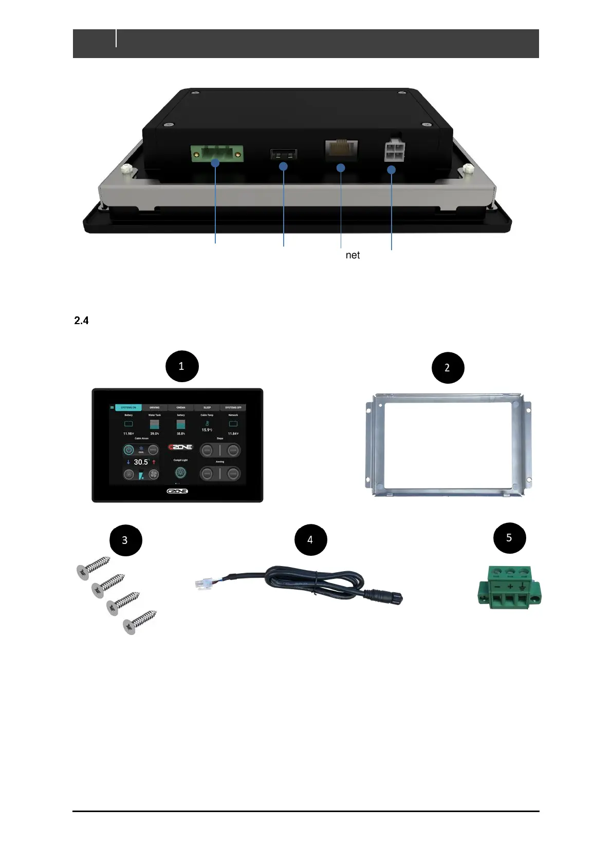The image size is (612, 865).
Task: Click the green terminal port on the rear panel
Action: pyautogui.click(x=216, y=153)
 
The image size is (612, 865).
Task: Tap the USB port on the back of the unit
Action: pyautogui.click(x=283, y=154)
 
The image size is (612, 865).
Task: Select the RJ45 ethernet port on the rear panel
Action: pyautogui.click(x=341, y=149)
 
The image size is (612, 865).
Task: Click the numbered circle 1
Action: pyautogui.click(x=181, y=366)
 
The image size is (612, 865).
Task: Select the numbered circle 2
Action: pyautogui.click(x=447, y=368)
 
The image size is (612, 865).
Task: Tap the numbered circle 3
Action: pyautogui.click(x=125, y=540)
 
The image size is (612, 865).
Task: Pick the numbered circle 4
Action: pyautogui.click(x=310, y=540)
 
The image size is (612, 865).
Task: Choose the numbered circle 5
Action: pyautogui.click(x=509, y=538)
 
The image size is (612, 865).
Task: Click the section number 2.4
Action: pyautogui.click(x=81, y=321)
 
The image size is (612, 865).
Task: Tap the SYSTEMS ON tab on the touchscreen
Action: pyautogui.click(x=128, y=407)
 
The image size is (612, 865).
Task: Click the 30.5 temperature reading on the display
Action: pyautogui.click(x=141, y=462)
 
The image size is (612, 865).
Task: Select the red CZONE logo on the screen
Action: pyautogui.click(x=180, y=447)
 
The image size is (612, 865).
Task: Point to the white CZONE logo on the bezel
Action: pyautogui.click(x=177, y=491)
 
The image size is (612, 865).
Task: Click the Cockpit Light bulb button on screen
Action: pyautogui.click(x=180, y=473)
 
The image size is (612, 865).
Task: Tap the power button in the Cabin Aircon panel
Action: pyautogui.click(x=128, y=450)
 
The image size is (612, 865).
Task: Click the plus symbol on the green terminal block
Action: pyautogui.click(x=510, y=587)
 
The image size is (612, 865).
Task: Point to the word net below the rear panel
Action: pyautogui.click(x=353, y=255)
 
